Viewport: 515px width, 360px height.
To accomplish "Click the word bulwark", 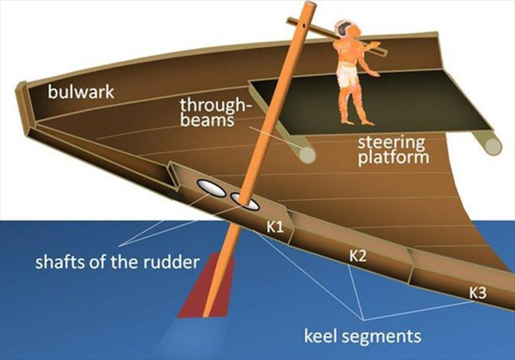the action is [x=81, y=91].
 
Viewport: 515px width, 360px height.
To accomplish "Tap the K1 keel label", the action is [x=275, y=227].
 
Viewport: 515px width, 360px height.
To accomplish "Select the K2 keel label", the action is [x=357, y=256].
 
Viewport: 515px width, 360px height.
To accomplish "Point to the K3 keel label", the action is [x=477, y=293].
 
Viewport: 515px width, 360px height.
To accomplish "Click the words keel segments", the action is [x=362, y=336].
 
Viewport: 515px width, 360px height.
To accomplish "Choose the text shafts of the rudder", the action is [x=117, y=261].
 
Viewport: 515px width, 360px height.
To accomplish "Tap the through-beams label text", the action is [x=213, y=112].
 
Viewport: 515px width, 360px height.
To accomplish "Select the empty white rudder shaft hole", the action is [x=211, y=188].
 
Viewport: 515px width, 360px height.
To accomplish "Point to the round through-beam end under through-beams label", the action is [x=307, y=155].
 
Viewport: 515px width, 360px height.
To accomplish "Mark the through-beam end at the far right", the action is [x=492, y=146].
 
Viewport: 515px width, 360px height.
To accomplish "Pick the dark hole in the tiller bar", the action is [x=304, y=24].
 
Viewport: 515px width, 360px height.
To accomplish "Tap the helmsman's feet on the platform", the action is [x=357, y=122].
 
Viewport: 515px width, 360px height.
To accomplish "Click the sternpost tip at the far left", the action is [x=20, y=88].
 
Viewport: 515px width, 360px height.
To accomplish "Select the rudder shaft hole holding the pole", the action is [x=245, y=202].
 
